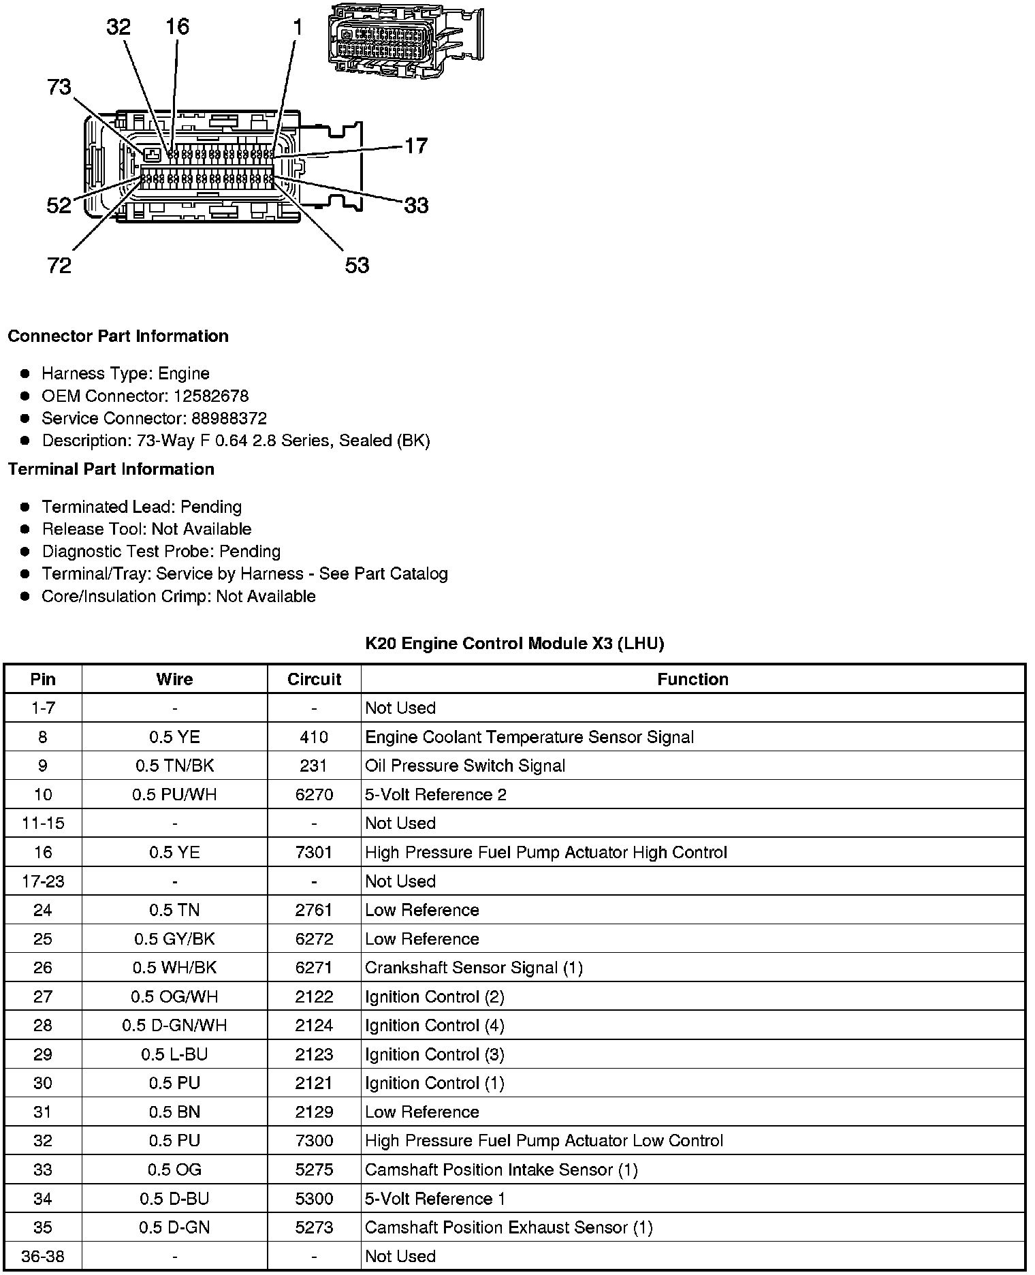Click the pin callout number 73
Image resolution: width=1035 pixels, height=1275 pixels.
[x=59, y=87]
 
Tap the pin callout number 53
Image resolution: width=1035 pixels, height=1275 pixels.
[x=357, y=265]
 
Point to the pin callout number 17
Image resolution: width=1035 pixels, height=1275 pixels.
[x=416, y=146]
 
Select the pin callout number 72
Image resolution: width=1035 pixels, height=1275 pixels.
[x=59, y=265]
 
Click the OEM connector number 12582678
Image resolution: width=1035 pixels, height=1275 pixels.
[x=211, y=396]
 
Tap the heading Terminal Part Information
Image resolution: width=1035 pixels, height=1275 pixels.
[x=111, y=469]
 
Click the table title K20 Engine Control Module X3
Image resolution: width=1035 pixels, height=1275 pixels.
[x=514, y=644]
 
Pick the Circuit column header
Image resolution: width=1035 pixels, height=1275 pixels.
[x=314, y=680]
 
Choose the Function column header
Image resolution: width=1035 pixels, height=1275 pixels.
[x=692, y=680]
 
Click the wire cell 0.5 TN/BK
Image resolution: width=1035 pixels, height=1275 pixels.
[x=174, y=766]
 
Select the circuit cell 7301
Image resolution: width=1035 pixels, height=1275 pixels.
[x=314, y=853]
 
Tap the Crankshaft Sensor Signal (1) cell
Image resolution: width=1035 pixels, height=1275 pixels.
[x=474, y=969]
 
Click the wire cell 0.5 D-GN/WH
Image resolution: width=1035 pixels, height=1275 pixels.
[x=174, y=1026]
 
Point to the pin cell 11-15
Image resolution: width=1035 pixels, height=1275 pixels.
[x=43, y=823]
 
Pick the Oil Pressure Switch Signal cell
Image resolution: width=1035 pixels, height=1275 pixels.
[x=465, y=766]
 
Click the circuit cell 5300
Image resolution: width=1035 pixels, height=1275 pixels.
[x=314, y=1199]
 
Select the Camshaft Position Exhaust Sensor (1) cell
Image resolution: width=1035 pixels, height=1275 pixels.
[x=509, y=1228]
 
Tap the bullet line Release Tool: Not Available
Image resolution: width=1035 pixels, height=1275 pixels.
[x=146, y=529]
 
